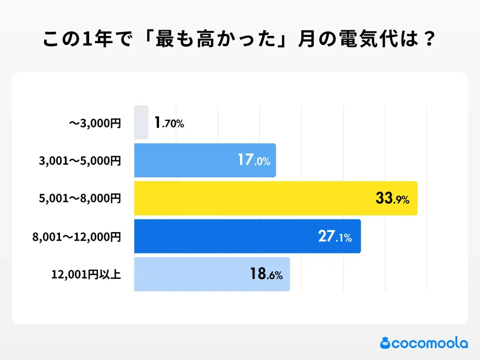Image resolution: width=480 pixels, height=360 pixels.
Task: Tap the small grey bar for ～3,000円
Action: (141, 122)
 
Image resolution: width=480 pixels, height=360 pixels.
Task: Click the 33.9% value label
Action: (392, 198)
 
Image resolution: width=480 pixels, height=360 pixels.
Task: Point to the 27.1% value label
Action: (335, 237)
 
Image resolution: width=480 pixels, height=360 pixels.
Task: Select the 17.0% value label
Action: (254, 160)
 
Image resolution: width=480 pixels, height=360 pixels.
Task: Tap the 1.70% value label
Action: (169, 123)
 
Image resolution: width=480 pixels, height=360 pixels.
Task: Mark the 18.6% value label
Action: (266, 274)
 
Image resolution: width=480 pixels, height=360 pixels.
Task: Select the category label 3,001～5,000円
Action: (80, 161)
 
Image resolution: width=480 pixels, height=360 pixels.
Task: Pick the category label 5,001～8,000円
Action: (80, 198)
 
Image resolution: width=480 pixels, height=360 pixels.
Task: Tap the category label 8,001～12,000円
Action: (77, 237)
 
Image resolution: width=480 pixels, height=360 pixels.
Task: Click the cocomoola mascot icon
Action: (385, 343)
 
